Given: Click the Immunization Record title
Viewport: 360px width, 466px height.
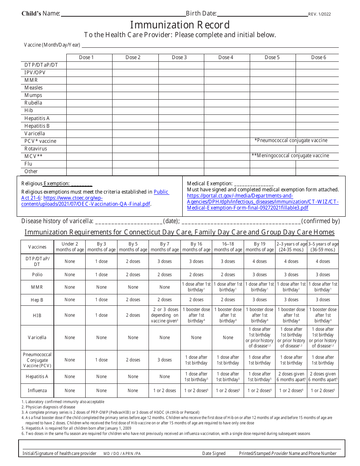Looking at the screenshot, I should (x=180, y=25).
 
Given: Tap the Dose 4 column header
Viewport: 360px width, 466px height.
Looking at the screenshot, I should (x=226, y=58).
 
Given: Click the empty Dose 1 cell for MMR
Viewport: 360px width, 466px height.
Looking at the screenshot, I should (x=89, y=80).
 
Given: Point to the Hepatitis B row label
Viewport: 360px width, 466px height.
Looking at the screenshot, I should (x=37, y=126).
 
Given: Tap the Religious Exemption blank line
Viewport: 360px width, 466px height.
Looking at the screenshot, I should (x=81, y=184).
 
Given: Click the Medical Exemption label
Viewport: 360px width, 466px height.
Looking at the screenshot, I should (x=210, y=183).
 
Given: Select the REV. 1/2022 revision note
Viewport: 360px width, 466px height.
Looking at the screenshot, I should (x=319, y=14).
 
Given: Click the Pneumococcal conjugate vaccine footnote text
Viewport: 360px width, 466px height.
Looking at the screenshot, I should (x=291, y=141).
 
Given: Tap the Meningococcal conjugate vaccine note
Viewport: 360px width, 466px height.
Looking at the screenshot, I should (x=290, y=156).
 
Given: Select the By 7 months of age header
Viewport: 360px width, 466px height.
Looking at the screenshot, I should (x=165, y=247).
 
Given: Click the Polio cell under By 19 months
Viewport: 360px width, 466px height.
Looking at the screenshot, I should (x=260, y=275).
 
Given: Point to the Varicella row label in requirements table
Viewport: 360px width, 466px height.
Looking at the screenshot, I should (x=37, y=338).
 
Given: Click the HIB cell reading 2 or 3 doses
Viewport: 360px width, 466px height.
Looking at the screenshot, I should (x=165, y=315).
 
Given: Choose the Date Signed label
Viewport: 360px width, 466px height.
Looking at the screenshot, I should (x=214, y=453).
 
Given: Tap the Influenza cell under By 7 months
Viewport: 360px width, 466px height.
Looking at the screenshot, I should (x=165, y=391).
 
